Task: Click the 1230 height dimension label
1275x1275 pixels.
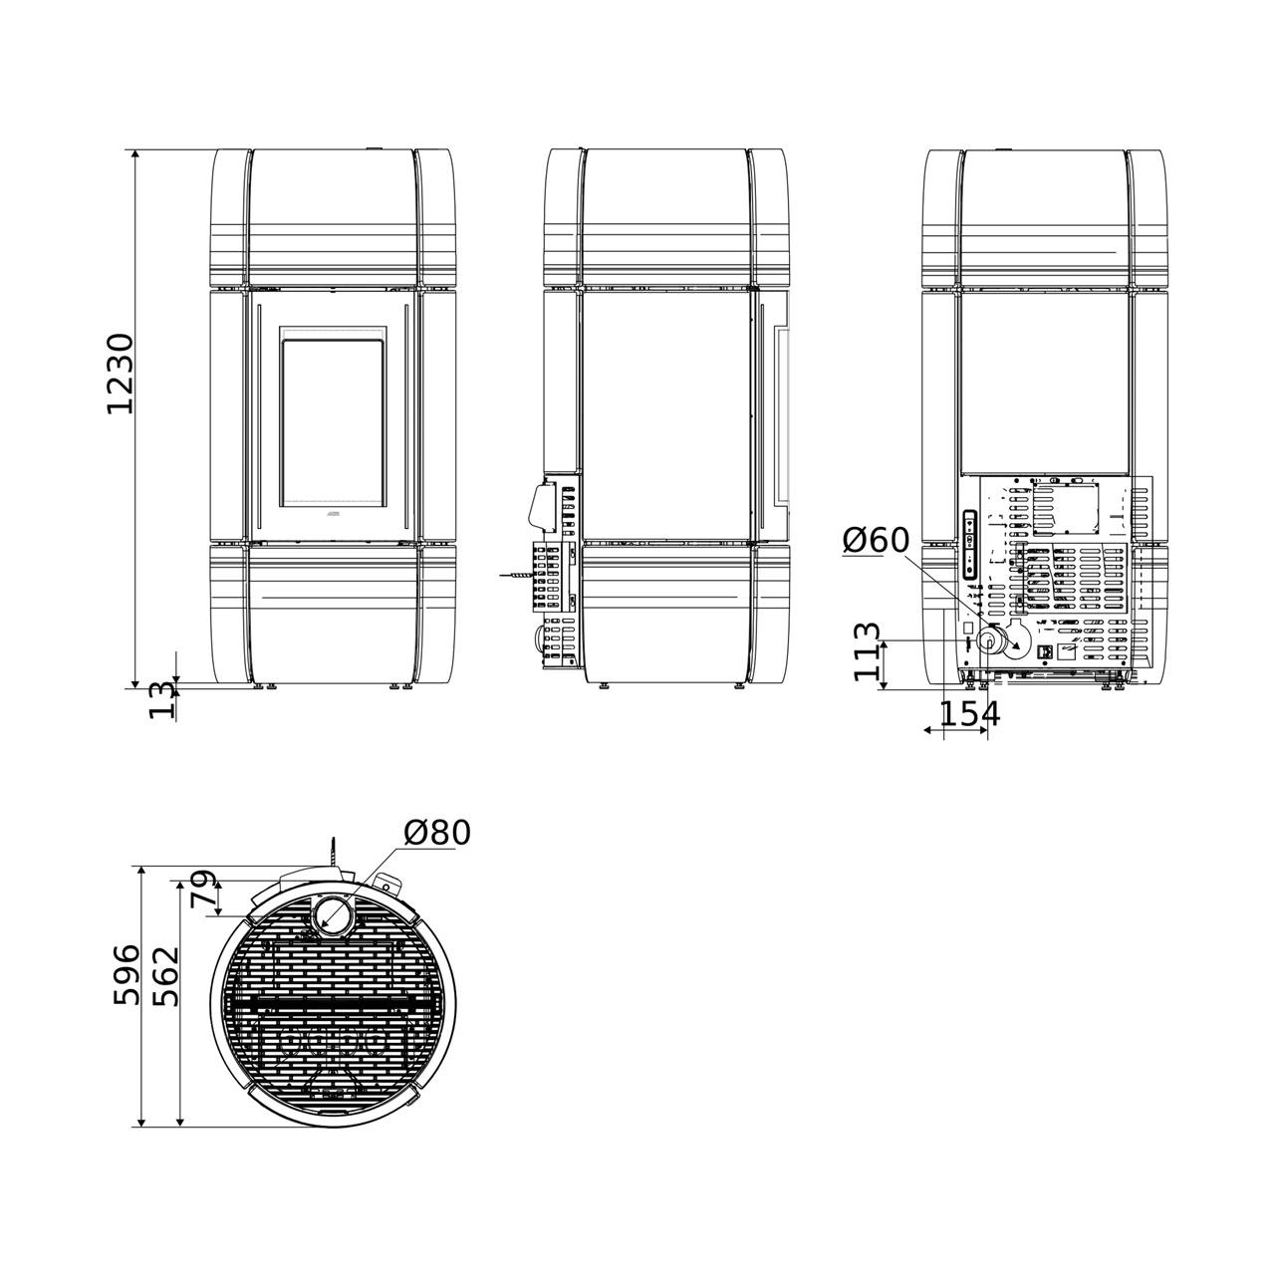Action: click(120, 375)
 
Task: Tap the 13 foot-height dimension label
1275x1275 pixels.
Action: click(162, 701)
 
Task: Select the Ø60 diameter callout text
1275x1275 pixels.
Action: click(876, 541)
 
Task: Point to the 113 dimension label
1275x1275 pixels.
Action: click(868, 651)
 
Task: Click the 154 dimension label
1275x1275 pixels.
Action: click(969, 713)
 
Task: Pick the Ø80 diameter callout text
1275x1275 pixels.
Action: click(436, 833)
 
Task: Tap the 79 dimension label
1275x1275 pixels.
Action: click(203, 889)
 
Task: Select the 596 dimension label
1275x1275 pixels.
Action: click(127, 974)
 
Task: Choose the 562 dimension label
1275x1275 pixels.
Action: click(165, 976)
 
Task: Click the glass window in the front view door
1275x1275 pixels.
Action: click(333, 423)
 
